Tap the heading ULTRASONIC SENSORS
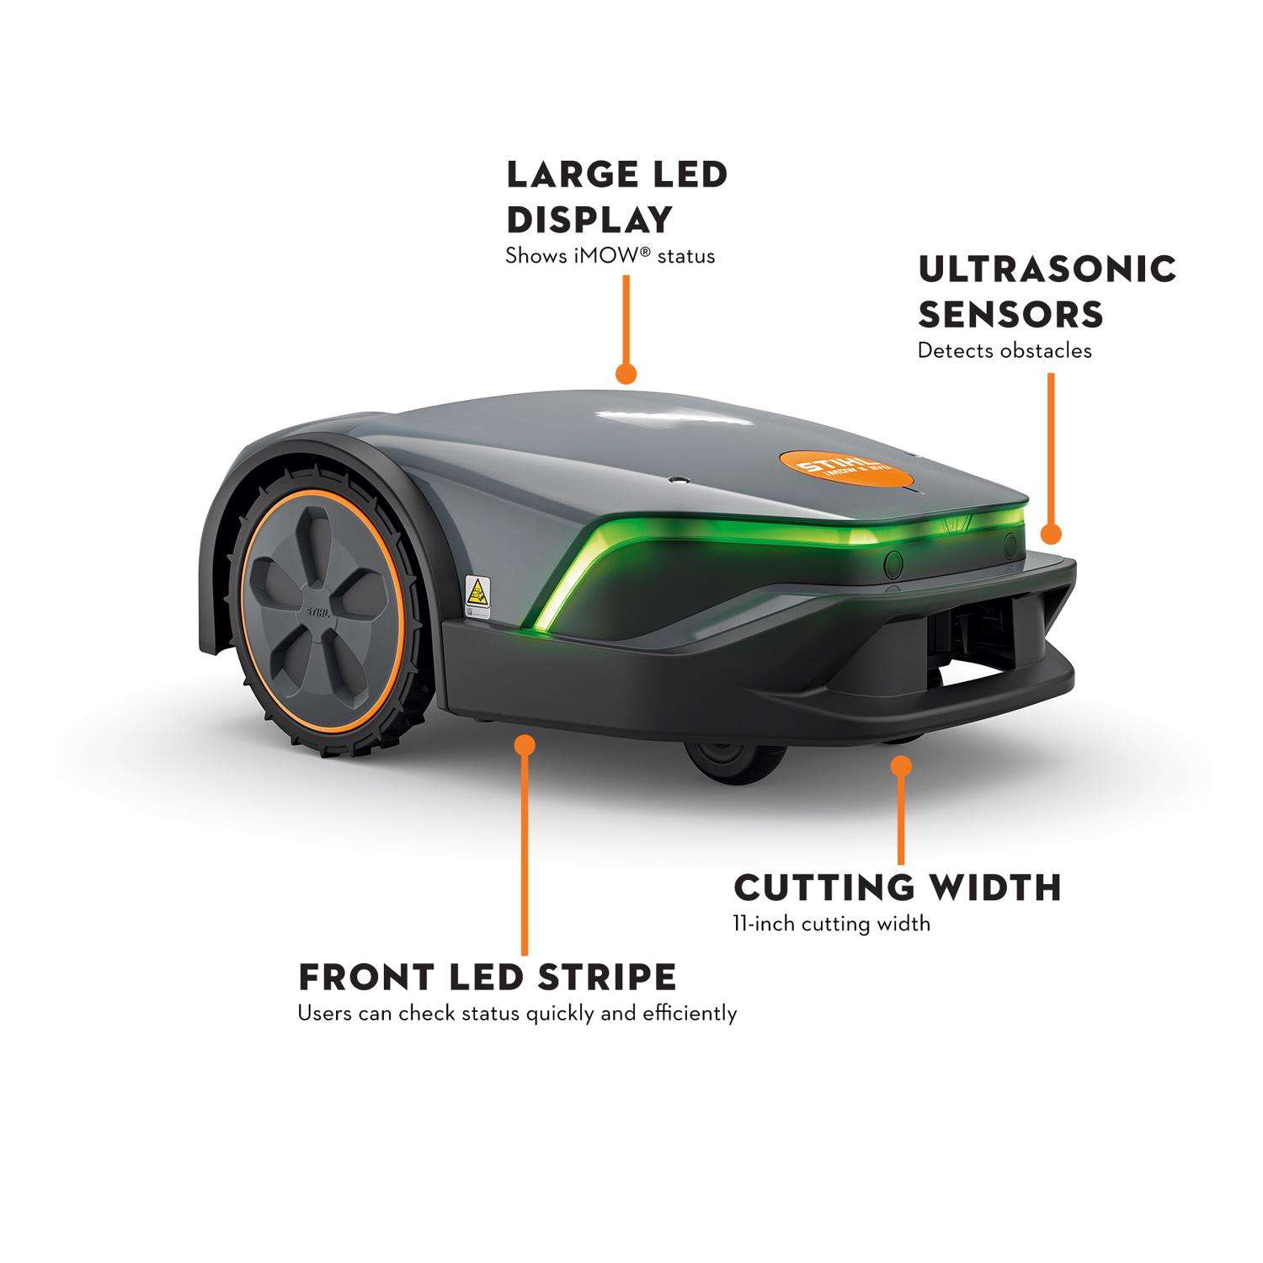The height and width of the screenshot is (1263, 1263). click(x=1047, y=291)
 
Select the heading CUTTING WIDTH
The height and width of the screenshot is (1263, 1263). click(x=898, y=887)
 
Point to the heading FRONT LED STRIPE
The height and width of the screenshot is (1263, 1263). click(x=488, y=978)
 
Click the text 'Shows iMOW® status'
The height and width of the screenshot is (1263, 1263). click(x=610, y=256)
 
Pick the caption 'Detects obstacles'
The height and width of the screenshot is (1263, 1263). click(x=1005, y=350)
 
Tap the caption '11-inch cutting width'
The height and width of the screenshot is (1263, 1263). click(x=832, y=924)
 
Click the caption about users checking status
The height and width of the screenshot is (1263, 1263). click(x=517, y=1013)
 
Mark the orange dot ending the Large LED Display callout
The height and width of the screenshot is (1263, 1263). click(x=626, y=374)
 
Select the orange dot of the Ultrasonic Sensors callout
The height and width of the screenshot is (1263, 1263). click(x=1050, y=534)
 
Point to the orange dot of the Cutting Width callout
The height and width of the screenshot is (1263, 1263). click(x=902, y=767)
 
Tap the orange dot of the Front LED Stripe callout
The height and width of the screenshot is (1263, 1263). click(x=525, y=745)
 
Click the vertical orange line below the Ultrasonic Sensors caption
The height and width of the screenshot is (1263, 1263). click(x=1050, y=446)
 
